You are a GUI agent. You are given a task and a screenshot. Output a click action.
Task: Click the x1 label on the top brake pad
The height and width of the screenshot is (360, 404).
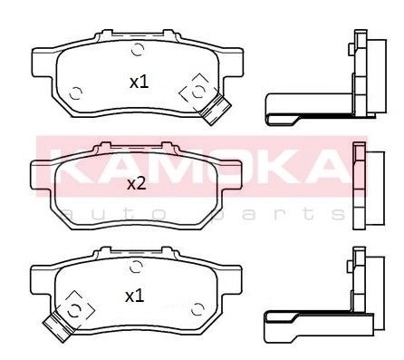coord(139,83)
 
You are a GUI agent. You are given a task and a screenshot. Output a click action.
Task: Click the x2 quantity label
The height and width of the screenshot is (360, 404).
coord(137,184)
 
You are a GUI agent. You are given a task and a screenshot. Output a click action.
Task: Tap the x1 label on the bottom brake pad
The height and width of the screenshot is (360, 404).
coord(135,297)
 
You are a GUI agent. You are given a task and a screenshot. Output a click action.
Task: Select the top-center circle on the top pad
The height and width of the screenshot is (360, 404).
coord(138,49)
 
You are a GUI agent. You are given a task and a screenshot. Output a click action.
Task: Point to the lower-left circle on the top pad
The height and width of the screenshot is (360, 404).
coord(75,93)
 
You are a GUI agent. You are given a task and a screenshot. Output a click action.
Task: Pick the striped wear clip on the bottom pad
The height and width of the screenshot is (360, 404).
coord(59,326)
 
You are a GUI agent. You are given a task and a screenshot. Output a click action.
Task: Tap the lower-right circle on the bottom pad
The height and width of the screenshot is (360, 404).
coord(197,308)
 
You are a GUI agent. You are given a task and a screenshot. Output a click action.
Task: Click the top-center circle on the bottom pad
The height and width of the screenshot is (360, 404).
coord(136,267)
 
